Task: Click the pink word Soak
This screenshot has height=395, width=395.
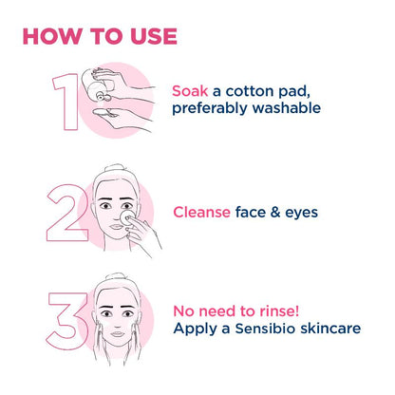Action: point(191,90)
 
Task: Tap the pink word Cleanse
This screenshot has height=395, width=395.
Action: point(201,213)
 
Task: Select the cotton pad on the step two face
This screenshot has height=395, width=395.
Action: point(121,220)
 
